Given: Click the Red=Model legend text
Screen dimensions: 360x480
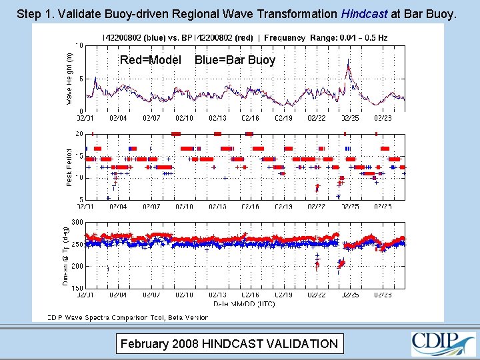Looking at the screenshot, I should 151,60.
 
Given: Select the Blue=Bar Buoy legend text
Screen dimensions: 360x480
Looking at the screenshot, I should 235,60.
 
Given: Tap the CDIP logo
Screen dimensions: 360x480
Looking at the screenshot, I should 443,343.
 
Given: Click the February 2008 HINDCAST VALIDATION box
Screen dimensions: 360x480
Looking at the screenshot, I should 228,344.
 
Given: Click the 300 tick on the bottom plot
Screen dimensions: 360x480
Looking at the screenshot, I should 77,222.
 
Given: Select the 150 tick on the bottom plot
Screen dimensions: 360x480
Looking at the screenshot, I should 77,288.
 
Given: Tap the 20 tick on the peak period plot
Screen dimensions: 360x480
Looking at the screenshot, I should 79,134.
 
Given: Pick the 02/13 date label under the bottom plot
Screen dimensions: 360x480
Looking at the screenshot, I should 217,294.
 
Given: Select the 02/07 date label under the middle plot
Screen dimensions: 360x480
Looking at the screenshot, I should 151,207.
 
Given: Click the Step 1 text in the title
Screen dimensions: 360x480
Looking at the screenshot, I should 33,13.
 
